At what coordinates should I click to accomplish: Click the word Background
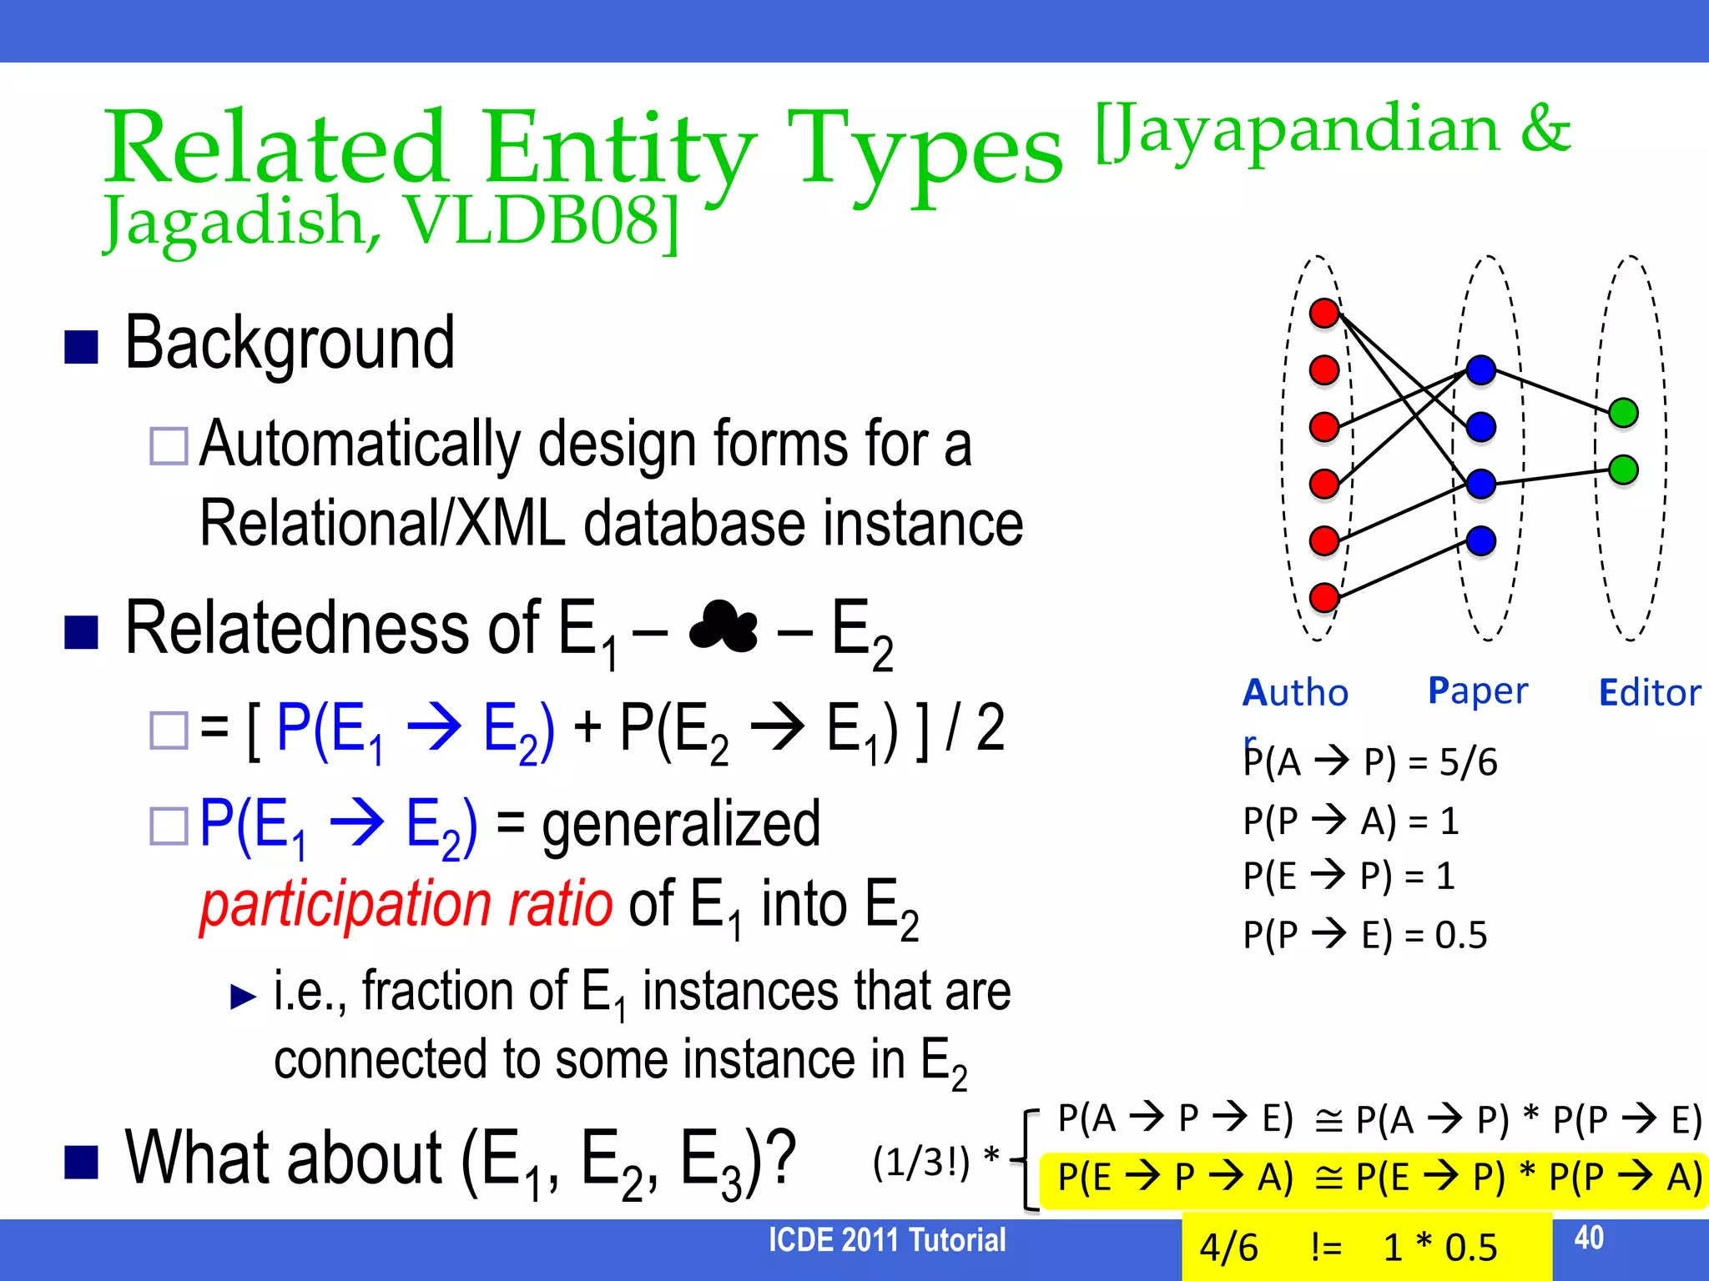pos(290,344)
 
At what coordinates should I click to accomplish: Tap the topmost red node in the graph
pos(1324,314)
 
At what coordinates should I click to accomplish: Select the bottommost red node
pos(1324,597)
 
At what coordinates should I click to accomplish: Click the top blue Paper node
pos(1481,370)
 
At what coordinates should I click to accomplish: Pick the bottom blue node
pos(1481,540)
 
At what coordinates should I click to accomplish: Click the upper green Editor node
pos(1623,413)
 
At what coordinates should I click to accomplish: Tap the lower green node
pos(1623,470)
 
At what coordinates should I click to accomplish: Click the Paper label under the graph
pos(1478,691)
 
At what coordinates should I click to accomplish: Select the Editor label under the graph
pos(1649,693)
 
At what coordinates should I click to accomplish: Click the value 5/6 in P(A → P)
pos(1468,762)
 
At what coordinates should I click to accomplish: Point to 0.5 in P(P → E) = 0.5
pos(1460,935)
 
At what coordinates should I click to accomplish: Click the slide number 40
pos(1589,1238)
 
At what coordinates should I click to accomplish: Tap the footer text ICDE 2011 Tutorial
pos(887,1240)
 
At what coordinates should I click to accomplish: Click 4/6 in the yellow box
pos(1228,1248)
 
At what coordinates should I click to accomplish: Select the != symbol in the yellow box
pos(1326,1248)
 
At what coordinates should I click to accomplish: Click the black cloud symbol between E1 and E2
pos(723,627)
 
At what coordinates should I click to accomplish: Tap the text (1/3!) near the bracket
pos(921,1162)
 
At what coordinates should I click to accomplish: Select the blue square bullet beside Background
pos(82,347)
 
